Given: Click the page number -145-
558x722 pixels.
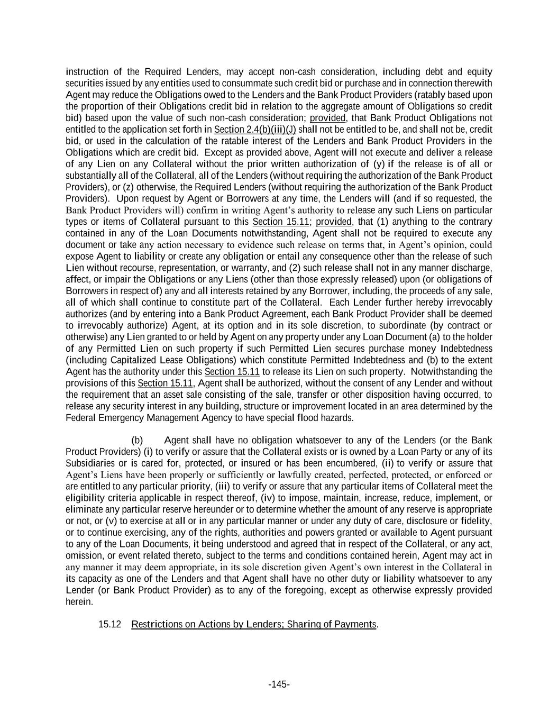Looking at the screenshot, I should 279,684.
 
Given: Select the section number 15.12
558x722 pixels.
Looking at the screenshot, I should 110,624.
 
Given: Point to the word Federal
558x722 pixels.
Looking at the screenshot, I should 80,418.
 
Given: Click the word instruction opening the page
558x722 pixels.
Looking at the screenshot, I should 87,72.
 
